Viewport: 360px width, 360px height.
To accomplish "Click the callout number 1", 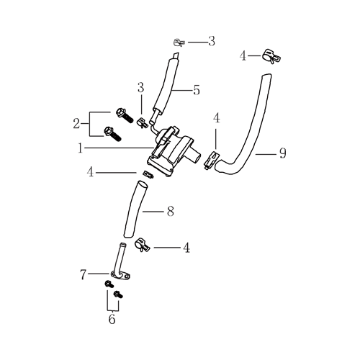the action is tap(80, 148).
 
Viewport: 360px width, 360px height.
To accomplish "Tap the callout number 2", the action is tap(76, 124).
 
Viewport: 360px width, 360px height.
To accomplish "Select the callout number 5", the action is tap(197, 90).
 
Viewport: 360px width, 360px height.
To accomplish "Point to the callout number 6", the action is tap(112, 319).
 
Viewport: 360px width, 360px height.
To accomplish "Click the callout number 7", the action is tap(83, 274).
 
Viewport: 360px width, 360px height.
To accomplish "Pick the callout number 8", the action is tap(171, 212).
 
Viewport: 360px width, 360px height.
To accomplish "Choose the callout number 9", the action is tap(283, 153).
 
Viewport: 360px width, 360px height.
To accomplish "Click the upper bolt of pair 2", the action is tap(125, 116).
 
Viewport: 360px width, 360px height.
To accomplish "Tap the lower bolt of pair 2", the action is tap(112, 134).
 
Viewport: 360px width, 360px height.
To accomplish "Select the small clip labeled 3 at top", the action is tap(179, 42).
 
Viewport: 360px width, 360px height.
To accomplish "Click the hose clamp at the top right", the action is tap(271, 57).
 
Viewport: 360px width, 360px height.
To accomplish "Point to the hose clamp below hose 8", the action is tap(142, 245).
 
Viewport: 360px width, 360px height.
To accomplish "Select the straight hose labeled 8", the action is tap(135, 210).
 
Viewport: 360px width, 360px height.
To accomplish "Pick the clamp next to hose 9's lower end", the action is tap(212, 160).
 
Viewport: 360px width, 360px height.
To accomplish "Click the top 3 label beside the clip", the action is tap(212, 41).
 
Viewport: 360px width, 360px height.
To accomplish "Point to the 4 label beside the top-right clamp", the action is tap(243, 56).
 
